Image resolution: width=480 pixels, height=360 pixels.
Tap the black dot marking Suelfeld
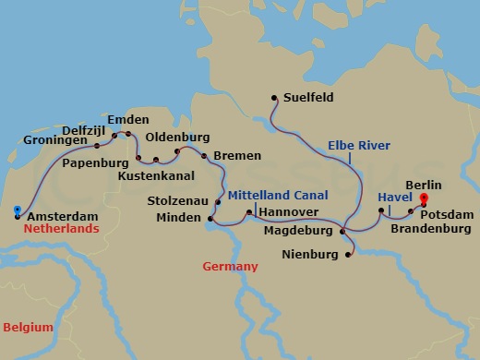[x=274, y=97]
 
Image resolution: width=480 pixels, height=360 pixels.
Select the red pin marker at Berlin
[x=424, y=198]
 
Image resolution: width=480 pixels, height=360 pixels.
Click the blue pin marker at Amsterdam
[x=18, y=211]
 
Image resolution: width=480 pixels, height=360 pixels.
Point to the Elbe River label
[x=359, y=145]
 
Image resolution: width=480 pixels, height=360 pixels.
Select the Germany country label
[x=230, y=266]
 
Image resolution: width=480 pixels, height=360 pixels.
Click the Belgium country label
[x=27, y=327]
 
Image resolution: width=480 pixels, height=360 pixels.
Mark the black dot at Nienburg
[x=349, y=251]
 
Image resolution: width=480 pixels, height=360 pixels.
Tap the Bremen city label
[x=237, y=155]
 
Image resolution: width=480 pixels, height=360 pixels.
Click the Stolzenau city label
[x=178, y=199]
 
